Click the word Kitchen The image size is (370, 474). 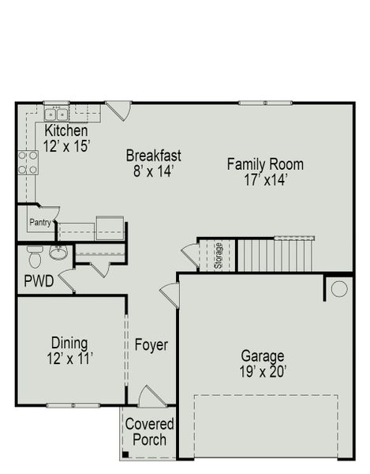click(x=65, y=130)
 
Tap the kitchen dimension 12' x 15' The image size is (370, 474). click(x=67, y=145)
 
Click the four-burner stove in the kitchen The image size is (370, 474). click(x=28, y=161)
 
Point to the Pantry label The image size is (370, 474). click(x=40, y=223)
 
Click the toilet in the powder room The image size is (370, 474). click(x=33, y=257)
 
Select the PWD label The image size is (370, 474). click(x=39, y=280)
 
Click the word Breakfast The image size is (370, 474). click(x=153, y=155)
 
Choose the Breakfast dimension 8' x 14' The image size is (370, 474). click(x=153, y=170)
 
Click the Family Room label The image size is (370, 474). click(x=264, y=164)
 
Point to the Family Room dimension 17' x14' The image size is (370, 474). click(x=264, y=179)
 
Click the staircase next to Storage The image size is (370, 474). click(x=275, y=254)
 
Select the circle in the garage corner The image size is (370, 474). click(x=338, y=289)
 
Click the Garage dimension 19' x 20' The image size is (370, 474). click(x=263, y=371)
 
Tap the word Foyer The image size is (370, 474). click(x=150, y=344)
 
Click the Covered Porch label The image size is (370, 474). click(x=149, y=431)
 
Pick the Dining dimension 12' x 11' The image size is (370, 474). click(x=70, y=358)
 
